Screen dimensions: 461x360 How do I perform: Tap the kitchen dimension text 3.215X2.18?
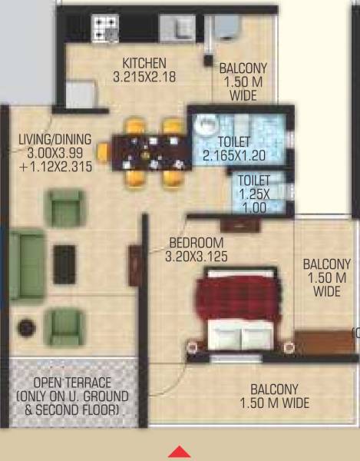tap(144, 76)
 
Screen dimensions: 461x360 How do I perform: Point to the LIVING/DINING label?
tap(55, 139)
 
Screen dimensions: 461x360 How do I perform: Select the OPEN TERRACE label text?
tap(73, 383)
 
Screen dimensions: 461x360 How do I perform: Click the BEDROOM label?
tap(196, 244)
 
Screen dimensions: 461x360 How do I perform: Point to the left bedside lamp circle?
tap(191, 348)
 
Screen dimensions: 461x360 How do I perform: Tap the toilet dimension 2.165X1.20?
tap(234, 155)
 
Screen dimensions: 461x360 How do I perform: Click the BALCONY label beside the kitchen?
tap(243, 68)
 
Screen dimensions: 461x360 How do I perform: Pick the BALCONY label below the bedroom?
tap(274, 390)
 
